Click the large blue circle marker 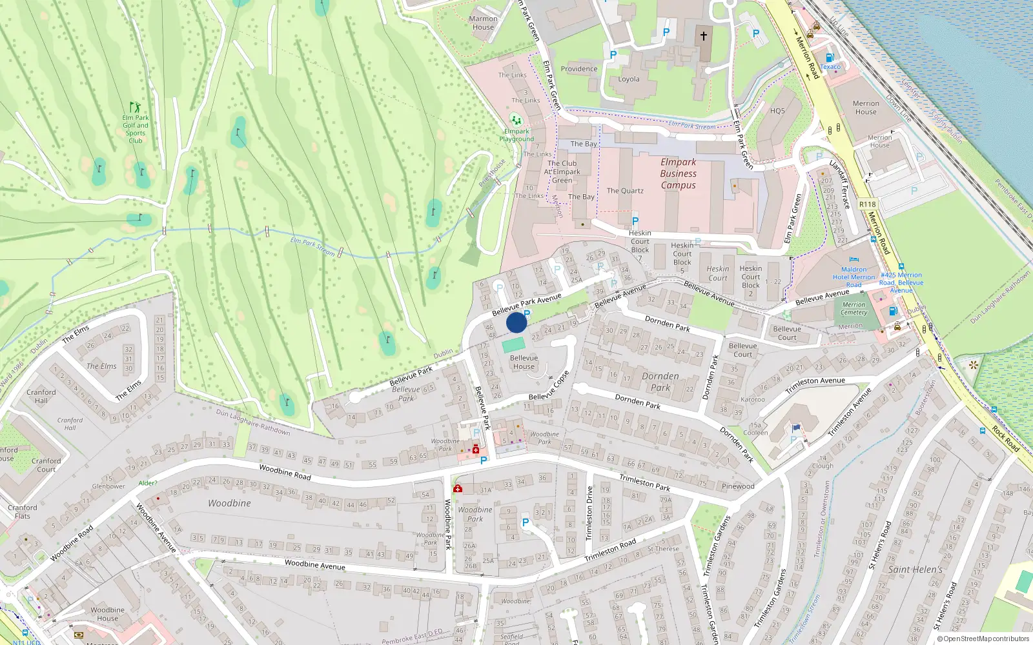516,322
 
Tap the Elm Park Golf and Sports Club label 136,128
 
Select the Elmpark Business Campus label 678,174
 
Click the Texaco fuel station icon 830,58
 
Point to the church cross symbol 703,36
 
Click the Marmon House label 483,23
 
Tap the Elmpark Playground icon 515,120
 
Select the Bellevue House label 524,362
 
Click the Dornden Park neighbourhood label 660,382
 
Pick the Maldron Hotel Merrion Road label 854,277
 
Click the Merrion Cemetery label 854,308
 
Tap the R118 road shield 867,204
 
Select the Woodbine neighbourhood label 229,503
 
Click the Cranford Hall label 41,396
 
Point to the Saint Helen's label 915,570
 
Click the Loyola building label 629,79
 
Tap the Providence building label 578,69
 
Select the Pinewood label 738,486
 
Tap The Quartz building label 625,191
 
